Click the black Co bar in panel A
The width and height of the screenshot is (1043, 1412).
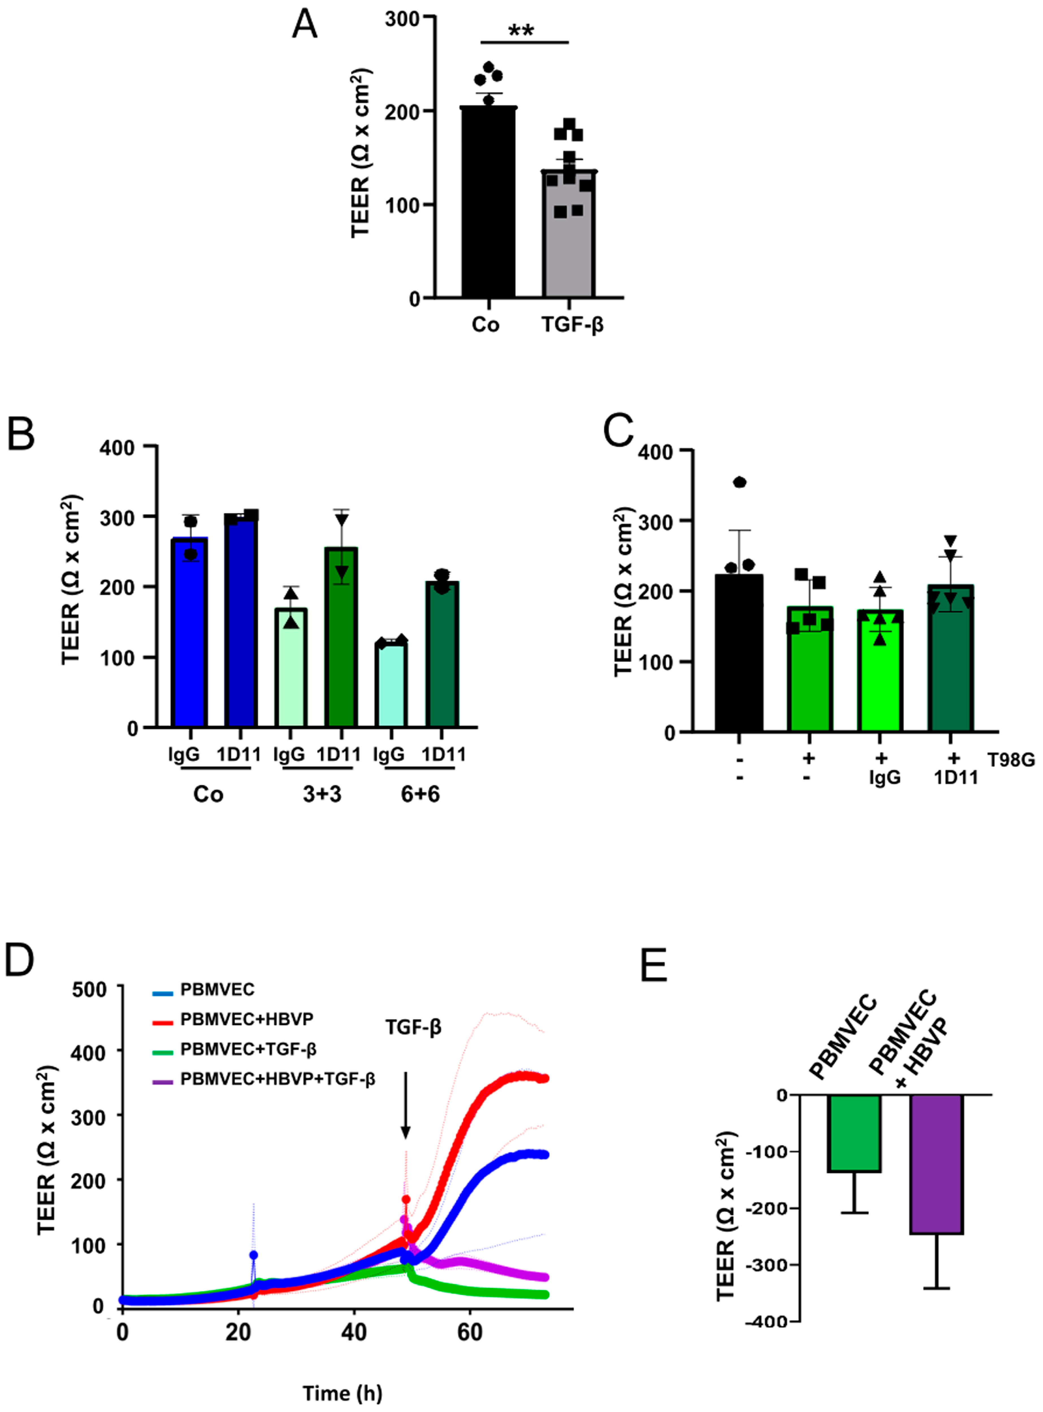tap(488, 202)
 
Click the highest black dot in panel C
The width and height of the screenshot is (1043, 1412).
tap(739, 483)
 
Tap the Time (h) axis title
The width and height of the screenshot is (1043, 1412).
tap(342, 1393)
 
